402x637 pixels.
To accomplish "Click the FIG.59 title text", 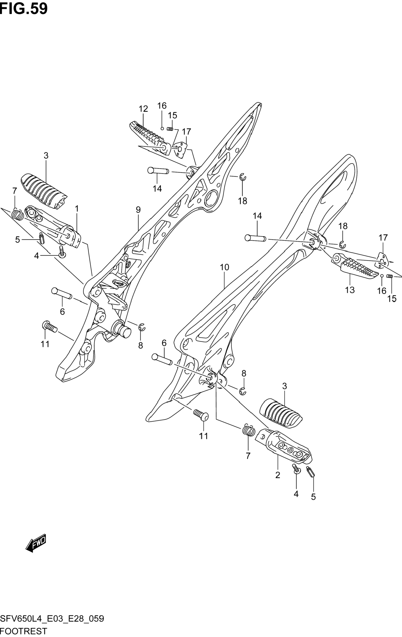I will (24, 9).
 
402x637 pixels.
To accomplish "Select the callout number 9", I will (138, 210).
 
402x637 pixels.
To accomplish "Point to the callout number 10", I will (224, 267).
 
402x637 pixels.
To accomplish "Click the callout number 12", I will (143, 109).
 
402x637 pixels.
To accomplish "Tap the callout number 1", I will (77, 209).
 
